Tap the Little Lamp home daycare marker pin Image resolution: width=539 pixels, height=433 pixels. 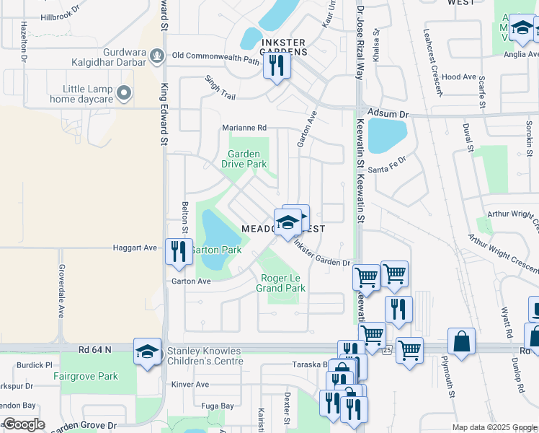click(x=125, y=92)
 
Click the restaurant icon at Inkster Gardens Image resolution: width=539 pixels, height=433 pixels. click(x=276, y=66)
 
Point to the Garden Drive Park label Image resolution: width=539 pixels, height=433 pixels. click(x=247, y=159)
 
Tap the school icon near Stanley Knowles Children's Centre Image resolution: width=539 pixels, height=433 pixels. click(x=147, y=352)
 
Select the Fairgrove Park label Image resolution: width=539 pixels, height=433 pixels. click(x=85, y=376)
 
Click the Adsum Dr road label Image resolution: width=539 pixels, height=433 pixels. click(x=388, y=114)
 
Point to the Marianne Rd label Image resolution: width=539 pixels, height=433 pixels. click(x=244, y=128)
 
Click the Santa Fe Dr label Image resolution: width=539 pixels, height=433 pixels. click(x=387, y=163)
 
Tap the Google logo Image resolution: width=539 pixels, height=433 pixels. click(x=24, y=424)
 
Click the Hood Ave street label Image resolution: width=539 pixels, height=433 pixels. click(x=459, y=76)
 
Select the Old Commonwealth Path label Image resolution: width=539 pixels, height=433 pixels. click(x=215, y=55)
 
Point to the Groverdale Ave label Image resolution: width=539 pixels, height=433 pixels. click(x=60, y=295)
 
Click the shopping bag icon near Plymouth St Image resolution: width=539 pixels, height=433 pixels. click(x=461, y=341)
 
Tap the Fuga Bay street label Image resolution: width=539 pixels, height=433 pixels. click(x=218, y=406)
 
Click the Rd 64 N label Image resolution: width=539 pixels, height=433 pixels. click(x=95, y=349)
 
